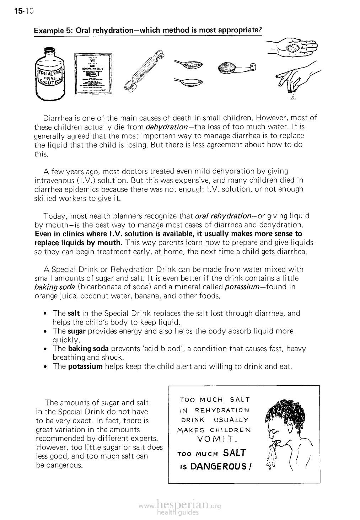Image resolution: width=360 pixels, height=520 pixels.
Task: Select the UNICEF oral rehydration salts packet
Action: [x=93, y=73]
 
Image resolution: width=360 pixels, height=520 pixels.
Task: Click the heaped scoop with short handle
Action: [x=236, y=68]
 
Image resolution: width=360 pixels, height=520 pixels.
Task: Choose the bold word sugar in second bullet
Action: [x=76, y=331]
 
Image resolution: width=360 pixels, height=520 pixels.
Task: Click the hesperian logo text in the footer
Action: [x=181, y=506]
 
